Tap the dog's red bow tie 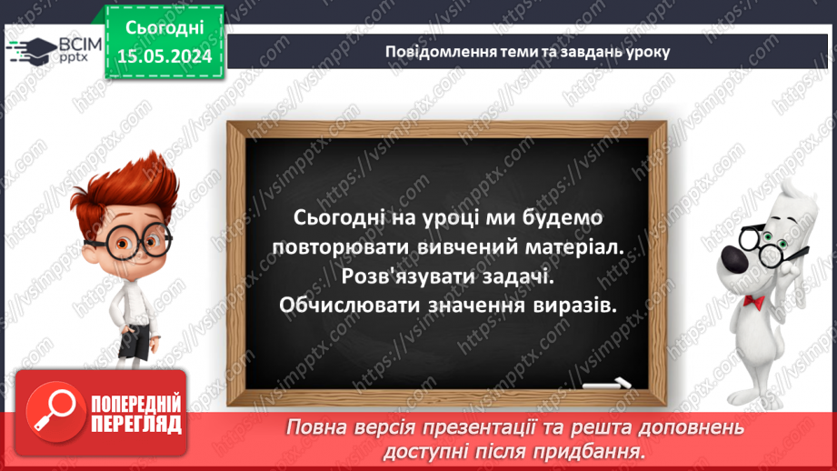(x=752, y=300)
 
